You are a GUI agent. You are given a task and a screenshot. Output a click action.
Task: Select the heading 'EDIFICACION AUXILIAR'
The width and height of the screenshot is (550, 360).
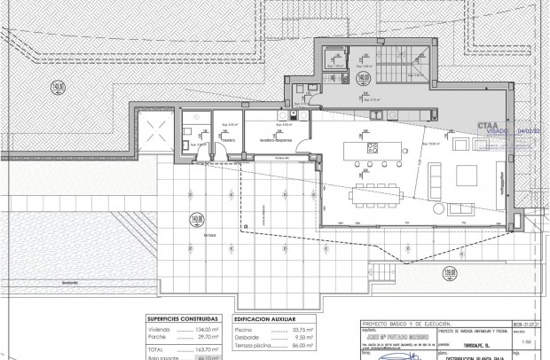(x=263, y=317)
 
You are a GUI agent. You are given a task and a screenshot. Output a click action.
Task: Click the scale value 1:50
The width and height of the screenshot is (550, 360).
(x=525, y=340)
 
